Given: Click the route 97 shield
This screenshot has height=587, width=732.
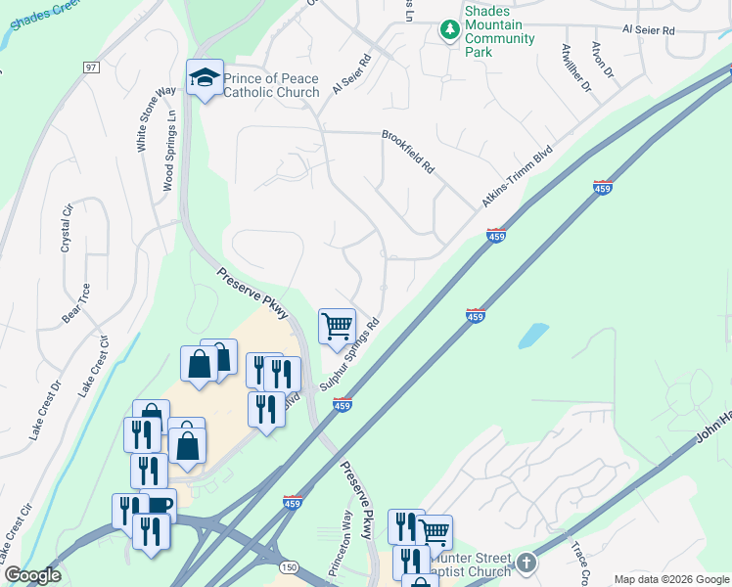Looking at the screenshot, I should [x=91, y=68].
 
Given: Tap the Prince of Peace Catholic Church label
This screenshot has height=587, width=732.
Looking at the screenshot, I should [x=271, y=85].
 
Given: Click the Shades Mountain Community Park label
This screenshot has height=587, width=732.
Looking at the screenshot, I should [x=499, y=31].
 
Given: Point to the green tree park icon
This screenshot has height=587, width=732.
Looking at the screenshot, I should [x=449, y=30].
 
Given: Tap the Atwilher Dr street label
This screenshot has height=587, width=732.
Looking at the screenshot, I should [x=576, y=68].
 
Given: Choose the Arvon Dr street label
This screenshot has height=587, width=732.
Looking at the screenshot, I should [x=602, y=60].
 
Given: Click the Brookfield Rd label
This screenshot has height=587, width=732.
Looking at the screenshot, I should [x=407, y=152].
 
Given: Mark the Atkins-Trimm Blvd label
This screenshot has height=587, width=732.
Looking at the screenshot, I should [x=517, y=177].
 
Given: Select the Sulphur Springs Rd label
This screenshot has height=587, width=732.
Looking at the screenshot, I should [x=349, y=354].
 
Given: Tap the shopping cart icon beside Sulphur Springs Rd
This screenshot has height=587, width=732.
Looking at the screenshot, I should [x=337, y=326].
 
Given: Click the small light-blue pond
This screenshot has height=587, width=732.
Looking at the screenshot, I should [x=533, y=336].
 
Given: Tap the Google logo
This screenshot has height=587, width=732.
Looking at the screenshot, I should [x=32, y=575].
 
